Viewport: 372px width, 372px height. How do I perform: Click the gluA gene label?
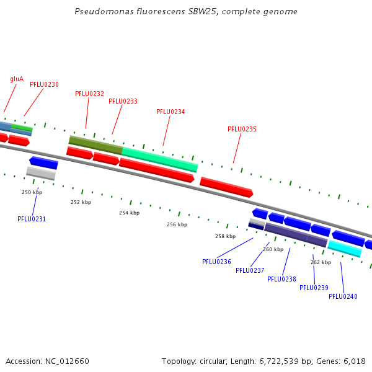coord(17,79)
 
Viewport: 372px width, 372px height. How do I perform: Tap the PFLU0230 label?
coord(44,84)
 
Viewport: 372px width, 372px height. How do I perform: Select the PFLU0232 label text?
coord(89,94)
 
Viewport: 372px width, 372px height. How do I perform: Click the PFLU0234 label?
coord(170,112)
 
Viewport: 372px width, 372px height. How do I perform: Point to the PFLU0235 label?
coord(242,129)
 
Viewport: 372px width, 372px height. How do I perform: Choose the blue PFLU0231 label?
coord(32,219)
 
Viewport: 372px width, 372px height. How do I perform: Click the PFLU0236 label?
coord(216,262)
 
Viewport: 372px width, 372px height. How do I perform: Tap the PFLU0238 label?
coord(281,279)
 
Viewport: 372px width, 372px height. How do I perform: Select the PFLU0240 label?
coord(343,296)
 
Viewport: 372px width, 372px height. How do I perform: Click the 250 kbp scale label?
coord(32,192)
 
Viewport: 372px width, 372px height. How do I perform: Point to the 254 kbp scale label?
coord(130,213)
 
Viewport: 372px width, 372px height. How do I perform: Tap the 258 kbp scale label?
coord(226,236)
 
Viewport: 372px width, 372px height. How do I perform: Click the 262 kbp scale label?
coord(321,262)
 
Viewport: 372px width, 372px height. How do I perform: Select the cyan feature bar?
coord(345,249)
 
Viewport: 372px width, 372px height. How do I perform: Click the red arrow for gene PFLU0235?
coord(226,187)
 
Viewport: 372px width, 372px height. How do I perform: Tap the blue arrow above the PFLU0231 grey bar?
coord(43,162)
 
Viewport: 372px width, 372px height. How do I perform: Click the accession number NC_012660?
coord(67,361)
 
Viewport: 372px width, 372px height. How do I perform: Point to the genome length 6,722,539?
coord(279,361)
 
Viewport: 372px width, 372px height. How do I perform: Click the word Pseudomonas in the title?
coord(104,11)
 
